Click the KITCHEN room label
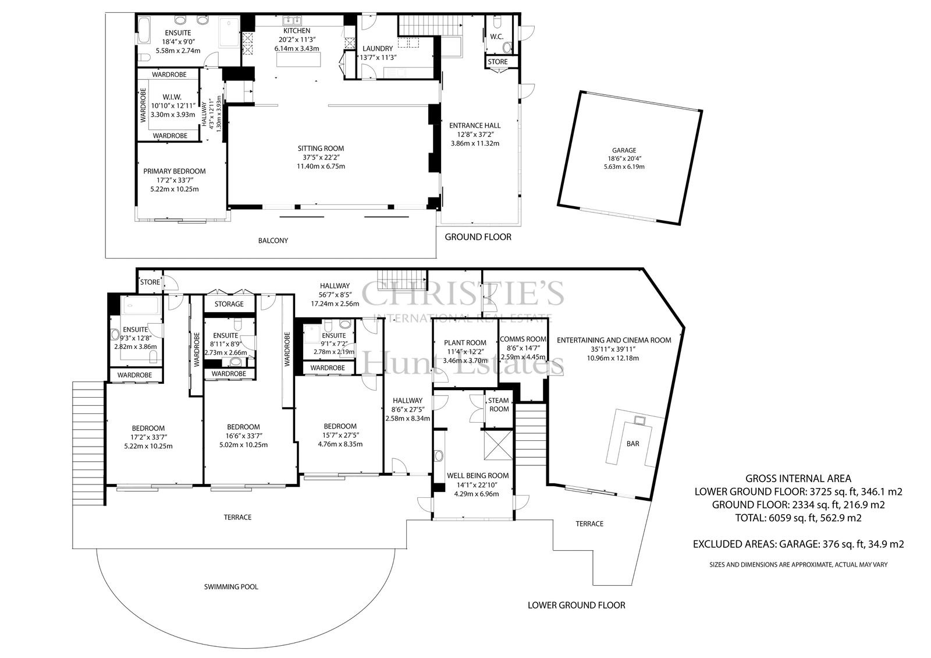(297, 31)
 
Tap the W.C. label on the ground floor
(497, 37)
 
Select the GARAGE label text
(624, 151)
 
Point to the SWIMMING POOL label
(231, 587)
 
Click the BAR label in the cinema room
(632, 444)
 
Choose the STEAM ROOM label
(499, 405)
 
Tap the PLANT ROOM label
(465, 343)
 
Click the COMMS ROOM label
(523, 339)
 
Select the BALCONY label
(273, 240)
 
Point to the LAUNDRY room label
(378, 49)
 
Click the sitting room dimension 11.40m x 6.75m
(321, 167)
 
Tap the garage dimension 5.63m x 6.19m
(624, 167)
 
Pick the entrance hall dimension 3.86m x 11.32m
(475, 143)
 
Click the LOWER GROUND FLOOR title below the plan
(577, 605)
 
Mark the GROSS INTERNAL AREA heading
(798, 479)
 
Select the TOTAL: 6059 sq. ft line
(798, 518)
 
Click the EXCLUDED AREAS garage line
(798, 544)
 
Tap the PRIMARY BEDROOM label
(175, 171)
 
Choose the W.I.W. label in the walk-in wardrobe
(172, 97)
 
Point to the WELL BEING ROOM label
(478, 475)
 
